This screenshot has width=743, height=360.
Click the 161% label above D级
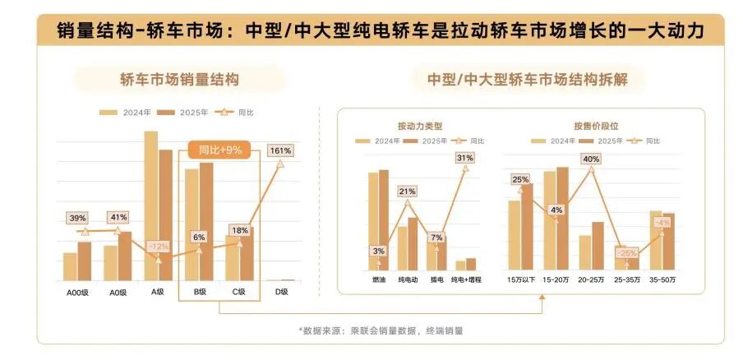[280, 150]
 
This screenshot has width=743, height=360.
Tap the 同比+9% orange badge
[219, 150]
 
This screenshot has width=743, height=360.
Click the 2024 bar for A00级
[70, 266]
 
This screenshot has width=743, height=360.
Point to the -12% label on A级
[158, 246]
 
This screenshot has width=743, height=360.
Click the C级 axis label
[238, 292]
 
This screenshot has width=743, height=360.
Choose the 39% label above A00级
[78, 218]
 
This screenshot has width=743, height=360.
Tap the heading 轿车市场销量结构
[178, 80]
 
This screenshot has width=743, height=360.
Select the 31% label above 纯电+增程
[465, 158]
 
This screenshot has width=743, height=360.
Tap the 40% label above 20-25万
[590, 159]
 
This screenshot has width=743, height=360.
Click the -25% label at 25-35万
[627, 253]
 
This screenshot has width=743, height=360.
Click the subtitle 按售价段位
[596, 127]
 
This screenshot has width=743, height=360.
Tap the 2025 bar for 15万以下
[527, 227]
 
